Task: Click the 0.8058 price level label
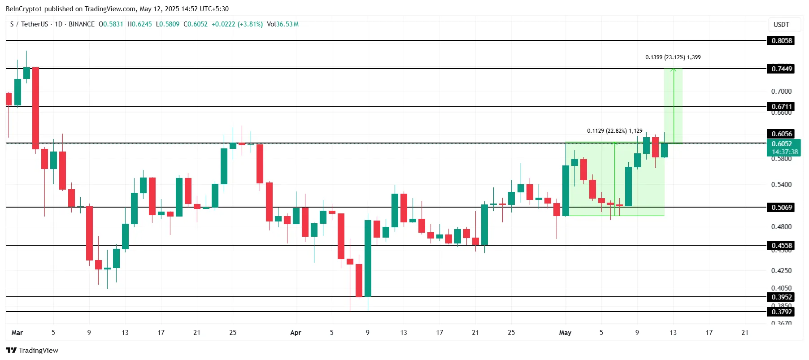coord(782,41)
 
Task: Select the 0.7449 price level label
coord(782,69)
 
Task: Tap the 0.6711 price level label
coord(782,107)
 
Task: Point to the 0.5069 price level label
coord(782,208)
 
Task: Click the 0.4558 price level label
coord(782,246)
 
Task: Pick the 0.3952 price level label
coord(782,297)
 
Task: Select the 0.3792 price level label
coord(782,312)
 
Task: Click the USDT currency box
coord(781,25)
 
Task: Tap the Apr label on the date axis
coord(296,333)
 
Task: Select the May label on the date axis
coord(565,333)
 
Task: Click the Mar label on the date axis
coord(17,333)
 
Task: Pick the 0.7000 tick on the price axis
coord(781,91)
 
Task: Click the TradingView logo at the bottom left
coord(32,351)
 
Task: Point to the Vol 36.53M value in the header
coord(283,24)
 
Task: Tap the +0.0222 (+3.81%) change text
coord(237,24)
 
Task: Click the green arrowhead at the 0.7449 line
coord(673,70)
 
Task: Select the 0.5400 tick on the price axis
coord(781,185)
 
